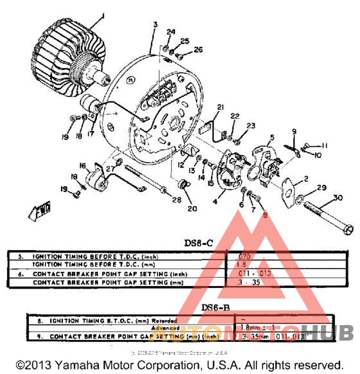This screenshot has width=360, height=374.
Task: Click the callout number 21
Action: (x=220, y=107)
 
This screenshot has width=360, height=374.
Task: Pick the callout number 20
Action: (x=192, y=208)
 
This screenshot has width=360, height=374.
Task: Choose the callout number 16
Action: (x=83, y=166)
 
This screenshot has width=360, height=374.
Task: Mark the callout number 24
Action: (x=170, y=32)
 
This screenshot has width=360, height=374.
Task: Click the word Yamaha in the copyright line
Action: (x=82, y=363)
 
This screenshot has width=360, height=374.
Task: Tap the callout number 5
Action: (x=272, y=137)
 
